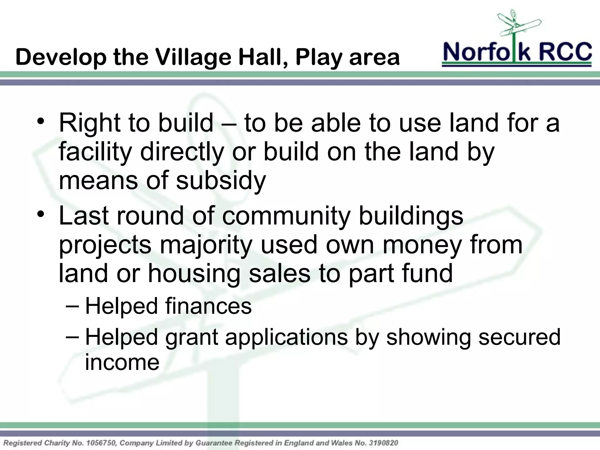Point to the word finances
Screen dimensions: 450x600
tap(208, 306)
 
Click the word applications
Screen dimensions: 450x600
tap(286, 337)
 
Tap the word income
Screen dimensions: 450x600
tap(122, 362)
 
